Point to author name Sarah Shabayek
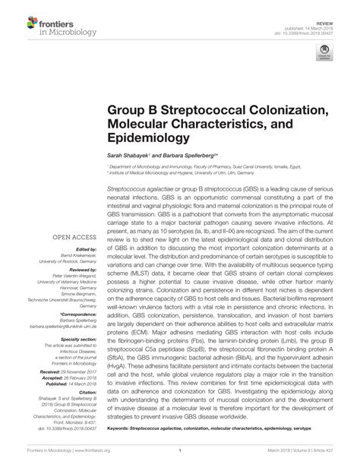point(128,154)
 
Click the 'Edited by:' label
point(88,249)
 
